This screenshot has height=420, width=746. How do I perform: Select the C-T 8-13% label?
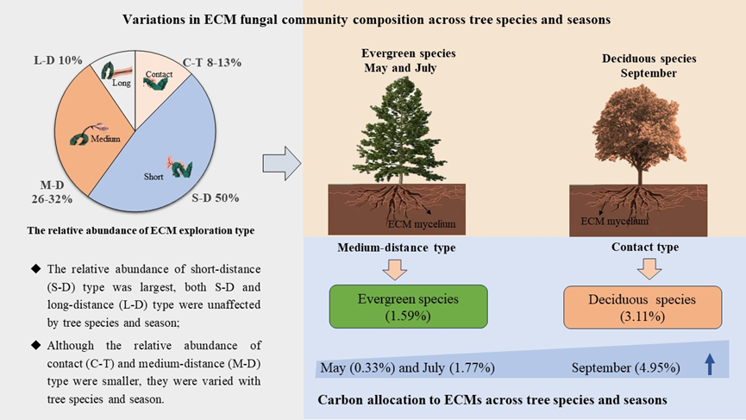(211, 62)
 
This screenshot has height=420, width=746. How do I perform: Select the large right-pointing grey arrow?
(280, 159)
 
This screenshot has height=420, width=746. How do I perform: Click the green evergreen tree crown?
(398, 121)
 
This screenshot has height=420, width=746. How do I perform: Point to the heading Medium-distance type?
(396, 248)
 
